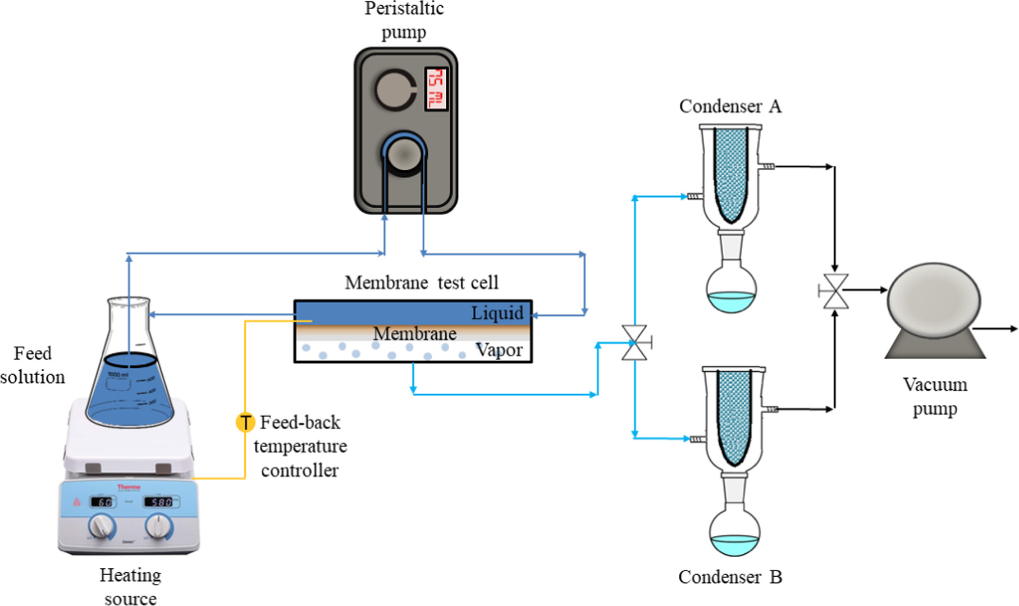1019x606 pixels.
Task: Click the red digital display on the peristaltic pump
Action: [x=436, y=89]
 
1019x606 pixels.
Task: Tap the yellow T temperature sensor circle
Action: [x=245, y=422]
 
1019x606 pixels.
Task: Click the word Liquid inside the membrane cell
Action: [x=497, y=313]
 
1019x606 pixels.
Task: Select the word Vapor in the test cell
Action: [x=499, y=350]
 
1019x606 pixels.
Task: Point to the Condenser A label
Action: [x=730, y=106]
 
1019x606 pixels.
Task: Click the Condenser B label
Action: [x=730, y=577]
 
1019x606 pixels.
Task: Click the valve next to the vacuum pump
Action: [x=835, y=291]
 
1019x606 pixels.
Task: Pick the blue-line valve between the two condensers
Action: [x=634, y=343]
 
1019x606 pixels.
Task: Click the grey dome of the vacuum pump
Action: [x=933, y=301]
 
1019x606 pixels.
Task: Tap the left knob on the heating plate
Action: [x=102, y=526]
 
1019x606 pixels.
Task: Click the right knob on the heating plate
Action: [x=158, y=526]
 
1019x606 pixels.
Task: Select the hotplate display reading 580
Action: [x=161, y=502]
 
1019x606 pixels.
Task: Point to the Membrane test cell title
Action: [x=421, y=283]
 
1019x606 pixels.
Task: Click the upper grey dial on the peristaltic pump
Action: [x=394, y=90]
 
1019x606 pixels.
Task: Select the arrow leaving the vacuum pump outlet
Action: [x=997, y=329]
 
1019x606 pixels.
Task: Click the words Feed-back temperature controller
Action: [x=300, y=446]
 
